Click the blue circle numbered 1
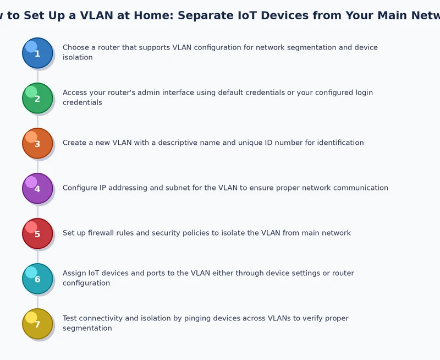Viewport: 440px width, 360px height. point(37,53)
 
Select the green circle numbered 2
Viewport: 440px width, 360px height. point(37,99)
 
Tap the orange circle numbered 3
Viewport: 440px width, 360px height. point(37,144)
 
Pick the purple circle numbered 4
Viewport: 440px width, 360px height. point(37,189)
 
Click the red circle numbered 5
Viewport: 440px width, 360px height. point(37,234)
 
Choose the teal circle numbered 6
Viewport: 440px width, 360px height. point(37,279)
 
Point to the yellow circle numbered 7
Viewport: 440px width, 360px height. point(37,324)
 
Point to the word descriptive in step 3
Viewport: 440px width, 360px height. point(175,143)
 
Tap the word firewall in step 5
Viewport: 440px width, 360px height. point(105,233)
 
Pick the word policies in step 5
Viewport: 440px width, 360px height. point(204,233)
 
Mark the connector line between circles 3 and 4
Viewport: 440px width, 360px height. point(37,166)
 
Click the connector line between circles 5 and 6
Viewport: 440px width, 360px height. point(37,256)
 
